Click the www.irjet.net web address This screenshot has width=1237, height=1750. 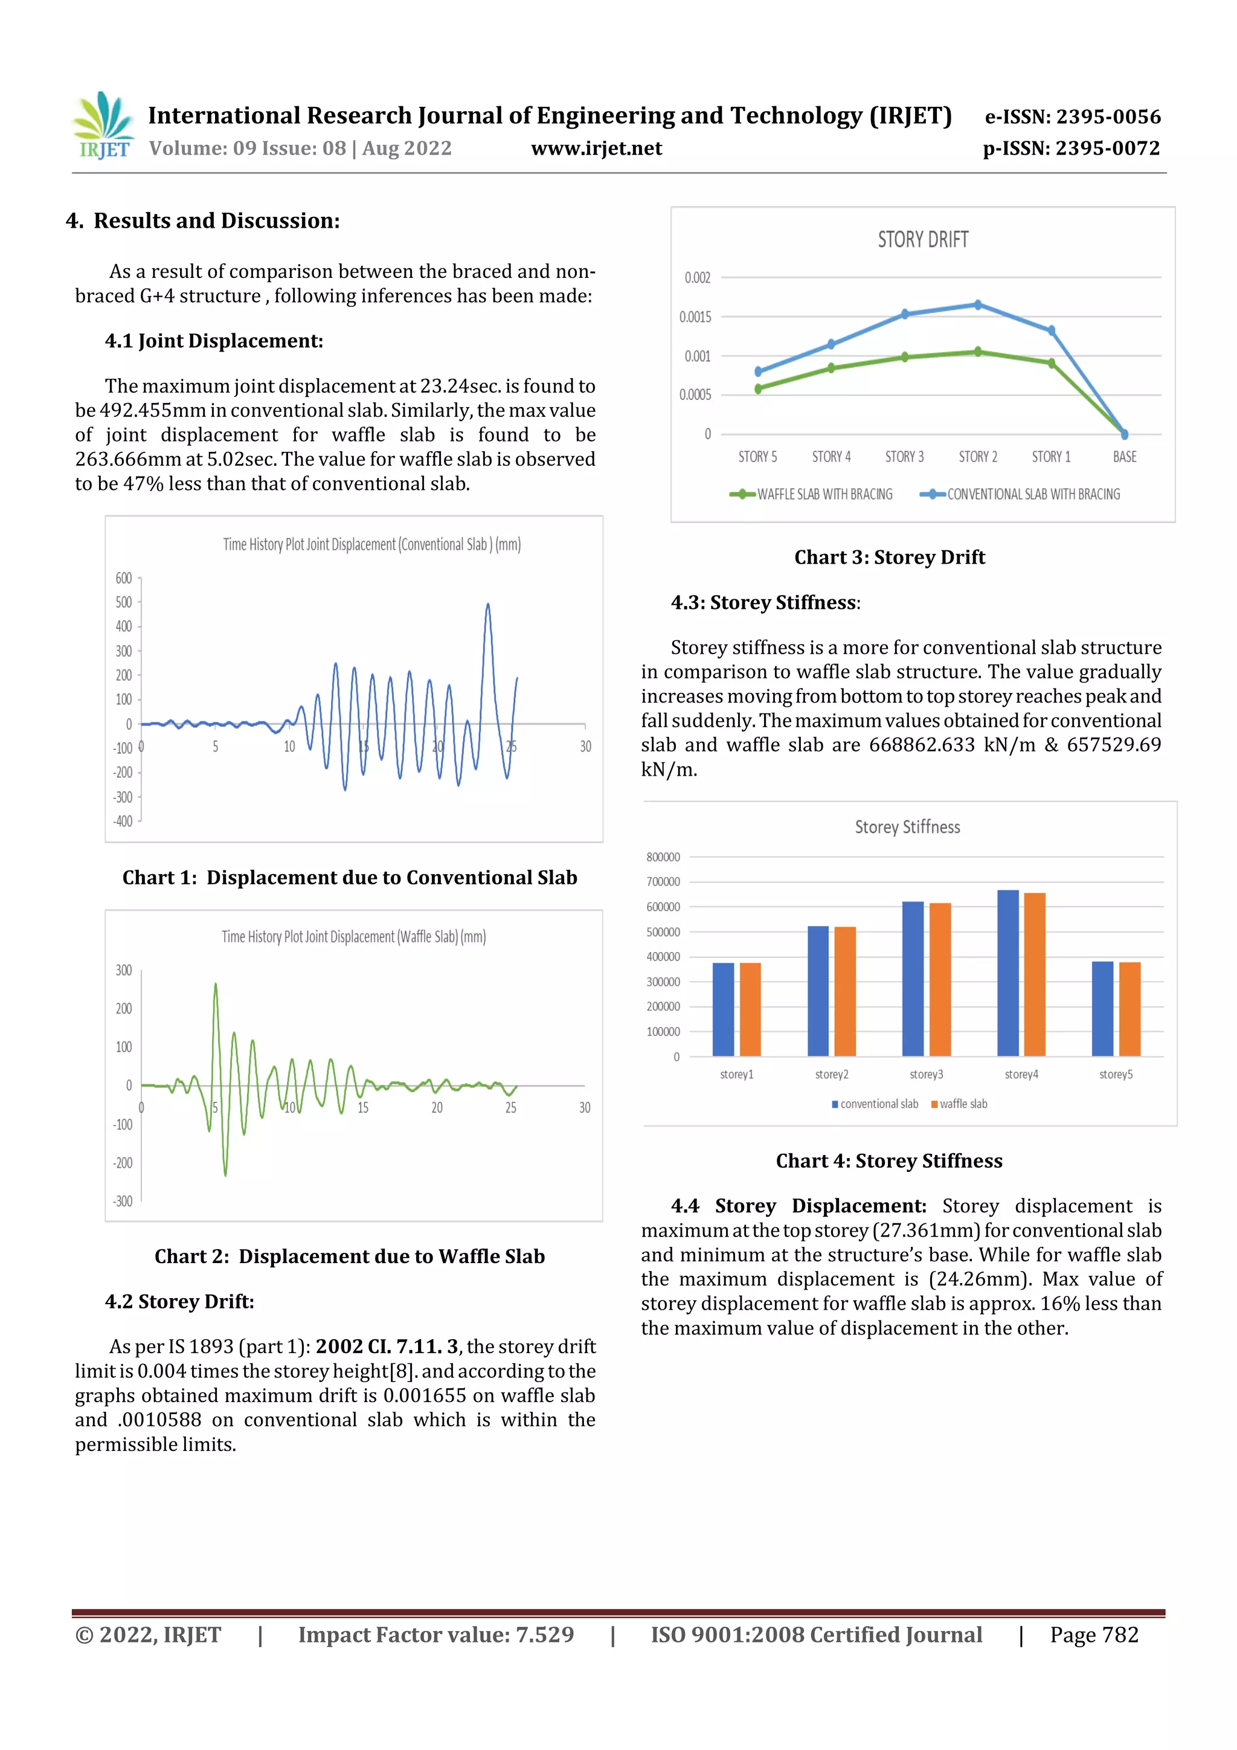pos(596,149)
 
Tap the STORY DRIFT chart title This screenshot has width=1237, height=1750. pos(922,240)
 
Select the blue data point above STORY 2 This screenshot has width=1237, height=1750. pos(978,305)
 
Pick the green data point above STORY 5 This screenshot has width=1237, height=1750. pos(757,388)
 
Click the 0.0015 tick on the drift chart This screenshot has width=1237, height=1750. pos(695,317)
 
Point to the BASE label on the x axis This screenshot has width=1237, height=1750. pos(1124,457)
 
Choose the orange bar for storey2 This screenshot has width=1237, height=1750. pos(844,991)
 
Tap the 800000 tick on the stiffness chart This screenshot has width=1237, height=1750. pos(663,857)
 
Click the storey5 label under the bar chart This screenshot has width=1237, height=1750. pos(1116,1074)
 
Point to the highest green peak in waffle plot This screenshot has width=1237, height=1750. pos(216,985)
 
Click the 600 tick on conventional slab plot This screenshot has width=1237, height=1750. pos(123,577)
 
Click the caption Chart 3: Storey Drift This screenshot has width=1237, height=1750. pos(890,557)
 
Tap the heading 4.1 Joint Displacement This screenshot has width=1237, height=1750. pos(214,341)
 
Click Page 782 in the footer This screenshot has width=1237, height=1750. pos(1094,1634)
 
